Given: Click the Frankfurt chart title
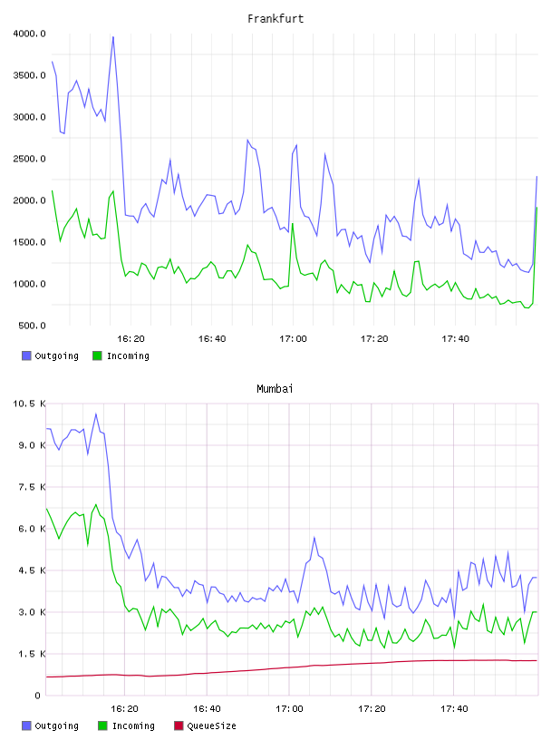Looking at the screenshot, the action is click(275, 19).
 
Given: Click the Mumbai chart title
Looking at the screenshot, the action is click(275, 389).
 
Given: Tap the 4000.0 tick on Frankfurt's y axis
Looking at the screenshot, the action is click(30, 34).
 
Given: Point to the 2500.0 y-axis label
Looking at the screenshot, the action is click(30, 159).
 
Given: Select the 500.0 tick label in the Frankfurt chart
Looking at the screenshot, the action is click(32, 326).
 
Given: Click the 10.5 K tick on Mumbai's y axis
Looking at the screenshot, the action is click(30, 404).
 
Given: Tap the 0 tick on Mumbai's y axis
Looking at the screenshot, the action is click(38, 696).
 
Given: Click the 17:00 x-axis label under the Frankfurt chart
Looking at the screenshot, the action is click(293, 339).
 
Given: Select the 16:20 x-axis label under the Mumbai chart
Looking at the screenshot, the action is click(124, 709).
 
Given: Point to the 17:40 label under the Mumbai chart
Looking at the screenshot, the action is click(454, 709).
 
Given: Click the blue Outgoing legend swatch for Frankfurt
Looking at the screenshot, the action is click(26, 355).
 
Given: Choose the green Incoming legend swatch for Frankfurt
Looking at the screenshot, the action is click(97, 355).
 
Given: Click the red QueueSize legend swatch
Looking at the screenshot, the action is click(179, 725).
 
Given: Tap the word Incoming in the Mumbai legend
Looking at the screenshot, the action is click(133, 725).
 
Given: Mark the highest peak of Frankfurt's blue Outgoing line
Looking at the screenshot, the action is click(113, 37).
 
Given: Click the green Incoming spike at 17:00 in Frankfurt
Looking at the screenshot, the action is click(293, 223).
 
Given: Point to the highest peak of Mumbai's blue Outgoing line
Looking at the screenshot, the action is click(96, 414).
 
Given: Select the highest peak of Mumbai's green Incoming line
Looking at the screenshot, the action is click(96, 504).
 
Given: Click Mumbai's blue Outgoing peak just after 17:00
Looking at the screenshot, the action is click(314, 537).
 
